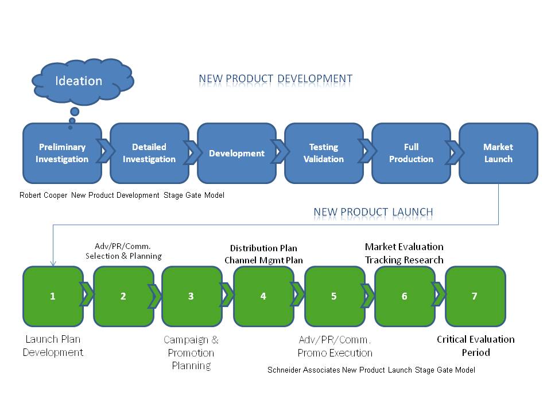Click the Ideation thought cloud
tap(83, 82)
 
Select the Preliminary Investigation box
tap(62, 153)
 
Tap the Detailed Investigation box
tap(149, 153)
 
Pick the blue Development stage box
tap(236, 153)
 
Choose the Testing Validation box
tap(324, 153)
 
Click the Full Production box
tap(411, 153)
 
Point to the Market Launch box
tap(498, 153)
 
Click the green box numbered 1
tap(53, 297)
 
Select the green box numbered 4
tap(263, 297)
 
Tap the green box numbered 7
tap(475, 297)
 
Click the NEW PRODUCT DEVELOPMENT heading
tap(275, 79)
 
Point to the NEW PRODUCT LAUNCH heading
tap(373, 212)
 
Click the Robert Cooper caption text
tap(122, 195)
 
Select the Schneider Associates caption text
tap(371, 370)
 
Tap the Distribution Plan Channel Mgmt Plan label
tap(263, 254)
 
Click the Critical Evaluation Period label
tap(476, 346)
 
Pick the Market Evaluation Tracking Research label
tap(404, 254)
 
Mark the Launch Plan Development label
tap(53, 346)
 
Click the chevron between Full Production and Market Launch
tap(455, 152)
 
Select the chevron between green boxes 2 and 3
tap(154, 297)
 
